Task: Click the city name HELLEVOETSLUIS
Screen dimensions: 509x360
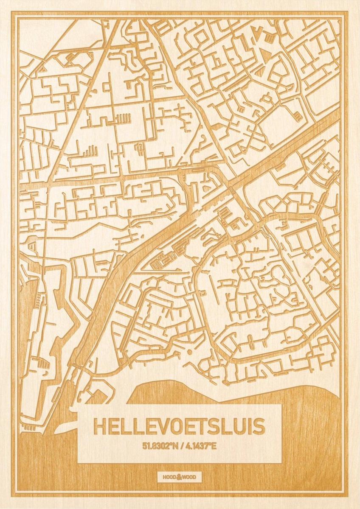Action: pos(179,427)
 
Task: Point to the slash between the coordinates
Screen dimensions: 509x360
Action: pos(180,446)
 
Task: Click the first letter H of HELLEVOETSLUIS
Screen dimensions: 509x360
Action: pos(100,427)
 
